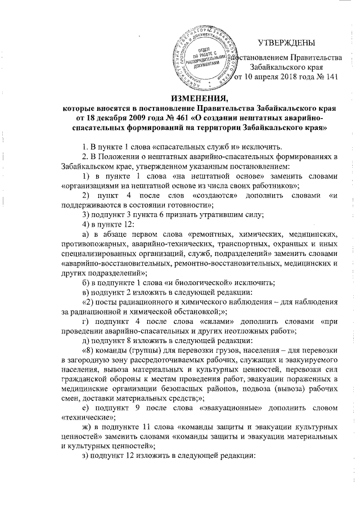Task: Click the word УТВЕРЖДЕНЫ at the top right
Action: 286,43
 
